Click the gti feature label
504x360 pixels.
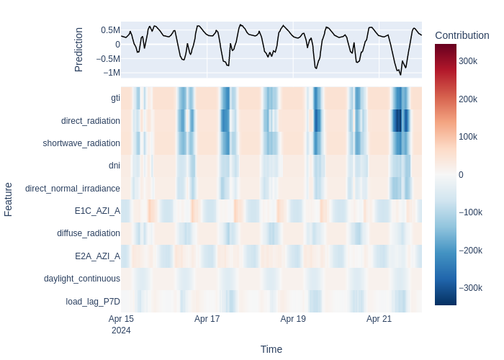[115, 98]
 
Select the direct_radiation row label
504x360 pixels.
[91, 121]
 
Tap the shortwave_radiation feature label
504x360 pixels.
[81, 143]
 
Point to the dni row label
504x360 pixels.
[114, 165]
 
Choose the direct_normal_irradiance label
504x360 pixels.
[73, 189]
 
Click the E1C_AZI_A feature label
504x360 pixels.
[97, 211]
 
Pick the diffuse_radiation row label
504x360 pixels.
[89, 233]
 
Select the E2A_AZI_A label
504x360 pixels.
[97, 256]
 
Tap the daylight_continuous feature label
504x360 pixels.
[82, 279]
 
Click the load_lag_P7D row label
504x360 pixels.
[93, 302]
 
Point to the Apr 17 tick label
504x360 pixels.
[207, 319]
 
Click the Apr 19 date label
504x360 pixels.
[293, 319]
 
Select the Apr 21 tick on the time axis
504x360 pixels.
[379, 319]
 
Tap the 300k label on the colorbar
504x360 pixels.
[468, 61]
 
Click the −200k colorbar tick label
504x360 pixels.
[471, 251]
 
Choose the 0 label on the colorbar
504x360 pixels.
[461, 175]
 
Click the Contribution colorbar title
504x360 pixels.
[462, 35]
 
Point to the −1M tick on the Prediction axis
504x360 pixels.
[112, 73]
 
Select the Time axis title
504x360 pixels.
[271, 349]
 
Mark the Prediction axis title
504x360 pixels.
[78, 50]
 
